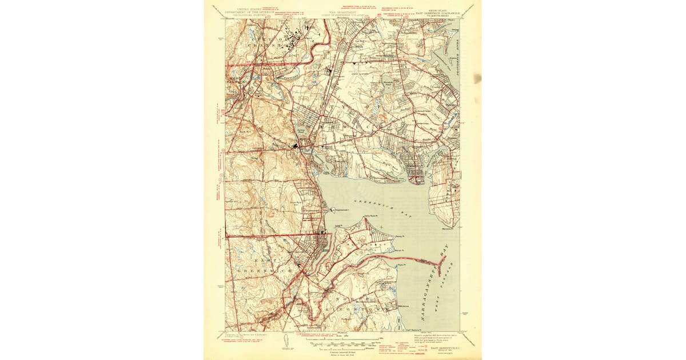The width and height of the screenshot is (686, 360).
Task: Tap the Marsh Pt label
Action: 399,250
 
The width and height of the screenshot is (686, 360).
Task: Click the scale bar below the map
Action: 342,343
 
